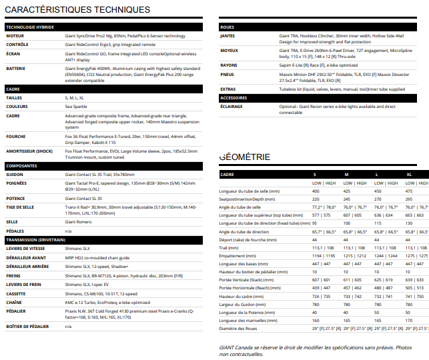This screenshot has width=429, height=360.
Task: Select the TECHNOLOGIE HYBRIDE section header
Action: click(x=29, y=27)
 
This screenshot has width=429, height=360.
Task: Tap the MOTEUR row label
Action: click(x=15, y=35)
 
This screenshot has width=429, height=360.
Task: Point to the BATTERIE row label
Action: click(x=17, y=68)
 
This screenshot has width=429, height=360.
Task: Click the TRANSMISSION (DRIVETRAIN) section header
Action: click(x=39, y=239)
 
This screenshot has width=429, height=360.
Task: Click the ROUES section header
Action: click(x=227, y=27)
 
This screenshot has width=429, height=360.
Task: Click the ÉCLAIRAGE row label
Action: click(x=232, y=106)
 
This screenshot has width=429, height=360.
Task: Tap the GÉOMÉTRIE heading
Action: click(x=245, y=157)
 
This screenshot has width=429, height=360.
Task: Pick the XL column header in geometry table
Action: click(x=408, y=174)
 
